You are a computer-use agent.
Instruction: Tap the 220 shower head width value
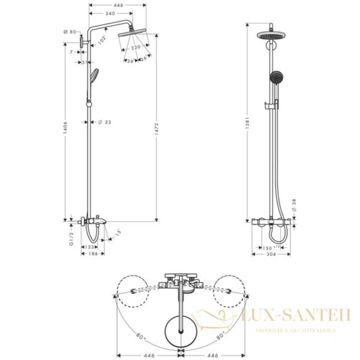pyautogui.click(x=136, y=47)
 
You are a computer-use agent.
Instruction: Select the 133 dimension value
pyautogui.click(x=90, y=247)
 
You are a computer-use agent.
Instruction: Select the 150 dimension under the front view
pyautogui.click(x=271, y=247)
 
